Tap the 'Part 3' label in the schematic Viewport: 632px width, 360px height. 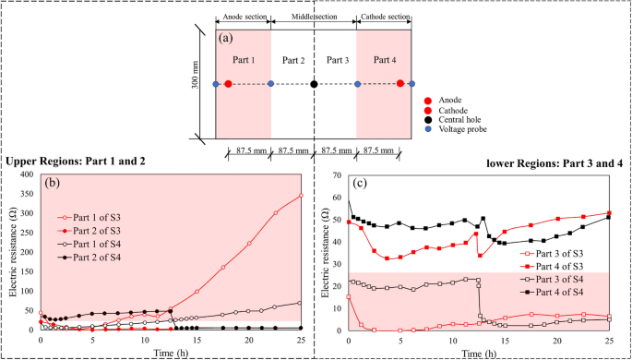(x=335, y=61)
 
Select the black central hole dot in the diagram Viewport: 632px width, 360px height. (x=314, y=84)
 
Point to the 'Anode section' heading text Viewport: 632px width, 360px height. (x=243, y=16)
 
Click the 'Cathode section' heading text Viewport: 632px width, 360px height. (x=384, y=16)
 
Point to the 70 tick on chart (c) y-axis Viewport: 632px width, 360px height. (x=337, y=174)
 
